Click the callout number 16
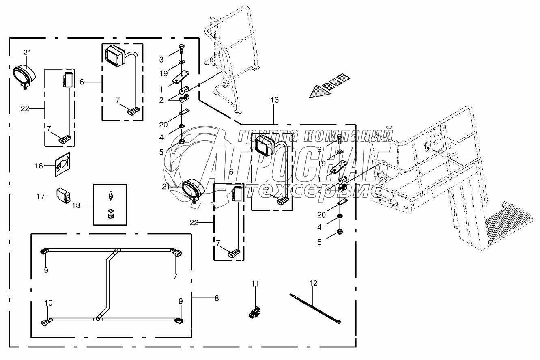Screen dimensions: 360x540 (x=38, y=166)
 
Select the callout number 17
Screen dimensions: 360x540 (x=40, y=196)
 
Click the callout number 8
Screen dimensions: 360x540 (x=216, y=298)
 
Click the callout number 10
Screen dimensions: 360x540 (x=48, y=303)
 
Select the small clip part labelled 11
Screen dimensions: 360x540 (x=254, y=313)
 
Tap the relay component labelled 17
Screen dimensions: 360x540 (x=64, y=195)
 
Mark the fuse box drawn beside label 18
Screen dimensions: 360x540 (x=110, y=205)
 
